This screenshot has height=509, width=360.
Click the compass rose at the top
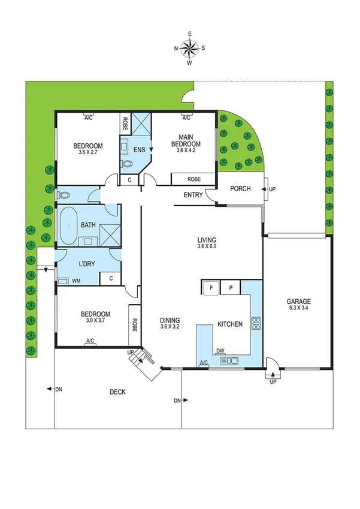(190, 47)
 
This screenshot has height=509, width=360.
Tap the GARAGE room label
(298, 302)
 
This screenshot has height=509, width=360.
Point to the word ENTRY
(193, 194)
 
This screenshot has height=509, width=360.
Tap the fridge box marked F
(211, 288)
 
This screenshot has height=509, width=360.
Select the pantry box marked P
(230, 288)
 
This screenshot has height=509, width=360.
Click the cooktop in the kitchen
(256, 324)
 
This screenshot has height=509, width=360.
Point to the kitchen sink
(229, 360)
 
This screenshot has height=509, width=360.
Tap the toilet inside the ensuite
(126, 162)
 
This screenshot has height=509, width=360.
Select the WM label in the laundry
(77, 280)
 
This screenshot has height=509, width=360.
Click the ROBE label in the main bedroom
(193, 179)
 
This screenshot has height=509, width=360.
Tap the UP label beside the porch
(273, 189)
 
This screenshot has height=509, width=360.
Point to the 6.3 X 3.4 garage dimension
(298, 309)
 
